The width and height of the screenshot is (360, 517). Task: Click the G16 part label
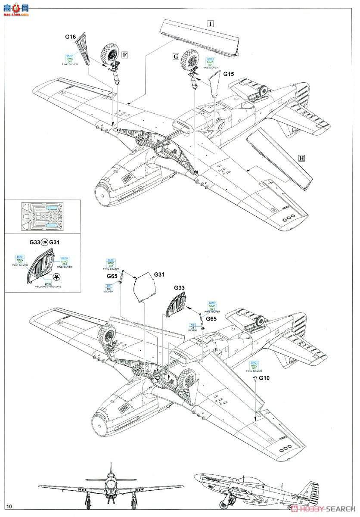(x=71, y=37)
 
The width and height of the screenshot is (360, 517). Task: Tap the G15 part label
(x=229, y=74)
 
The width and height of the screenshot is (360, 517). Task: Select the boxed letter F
(x=124, y=55)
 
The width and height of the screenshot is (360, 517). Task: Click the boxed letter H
(x=301, y=158)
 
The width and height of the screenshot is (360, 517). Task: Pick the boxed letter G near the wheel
(x=176, y=56)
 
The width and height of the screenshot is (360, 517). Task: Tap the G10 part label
(x=265, y=378)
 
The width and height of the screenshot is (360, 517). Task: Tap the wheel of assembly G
(x=189, y=59)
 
